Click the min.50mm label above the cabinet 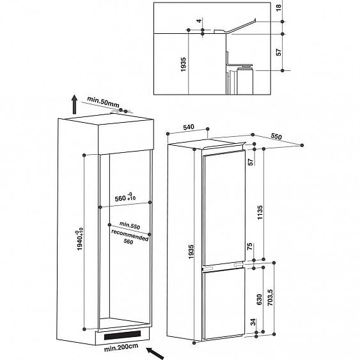coord(103,101)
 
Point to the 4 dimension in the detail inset coord(199,22)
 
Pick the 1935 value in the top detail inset coord(166,67)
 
